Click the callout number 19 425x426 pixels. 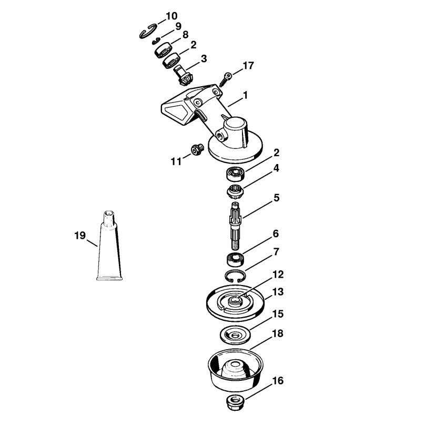point(80,235)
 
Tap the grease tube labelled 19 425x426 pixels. point(109,246)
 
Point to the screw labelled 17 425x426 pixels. point(225,79)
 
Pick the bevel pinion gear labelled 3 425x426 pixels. point(183,75)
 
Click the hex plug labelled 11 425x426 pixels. point(196,150)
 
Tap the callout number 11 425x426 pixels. point(176,161)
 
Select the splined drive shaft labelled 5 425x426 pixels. point(235,226)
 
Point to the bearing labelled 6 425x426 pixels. point(235,259)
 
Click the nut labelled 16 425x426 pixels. point(235,403)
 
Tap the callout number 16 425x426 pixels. point(278,381)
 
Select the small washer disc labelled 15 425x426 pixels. point(235,334)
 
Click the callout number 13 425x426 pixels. point(278,292)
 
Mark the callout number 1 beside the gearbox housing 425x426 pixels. point(246,95)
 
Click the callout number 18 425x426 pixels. point(278,333)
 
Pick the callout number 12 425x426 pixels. point(278,275)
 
